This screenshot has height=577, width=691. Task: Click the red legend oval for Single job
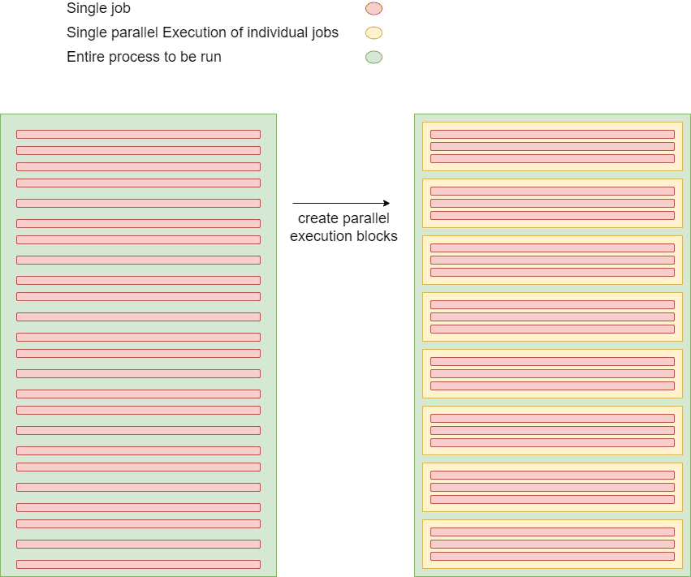[x=374, y=9]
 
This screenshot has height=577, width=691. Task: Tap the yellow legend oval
[x=374, y=33]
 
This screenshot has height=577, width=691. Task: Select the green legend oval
[x=374, y=58]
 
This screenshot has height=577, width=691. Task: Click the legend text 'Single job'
[x=98, y=9]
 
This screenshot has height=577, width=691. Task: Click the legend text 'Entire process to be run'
[x=144, y=58]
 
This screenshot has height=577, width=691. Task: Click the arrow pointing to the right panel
[x=341, y=203]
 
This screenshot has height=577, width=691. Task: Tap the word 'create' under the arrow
[x=316, y=219]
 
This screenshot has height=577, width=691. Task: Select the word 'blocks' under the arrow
[x=377, y=236]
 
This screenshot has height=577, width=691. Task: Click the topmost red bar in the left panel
[x=138, y=134]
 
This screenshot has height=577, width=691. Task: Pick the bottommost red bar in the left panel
[x=138, y=564]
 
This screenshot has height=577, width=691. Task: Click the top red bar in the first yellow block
[x=552, y=134]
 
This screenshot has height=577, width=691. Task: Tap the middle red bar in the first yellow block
[x=552, y=146]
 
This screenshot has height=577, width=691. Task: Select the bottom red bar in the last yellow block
[x=552, y=556]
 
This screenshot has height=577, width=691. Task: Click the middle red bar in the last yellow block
[x=552, y=544]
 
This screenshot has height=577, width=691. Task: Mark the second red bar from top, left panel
[x=138, y=150]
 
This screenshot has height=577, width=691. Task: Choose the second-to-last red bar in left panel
[x=138, y=544]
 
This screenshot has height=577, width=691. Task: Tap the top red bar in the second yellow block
[x=552, y=191]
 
